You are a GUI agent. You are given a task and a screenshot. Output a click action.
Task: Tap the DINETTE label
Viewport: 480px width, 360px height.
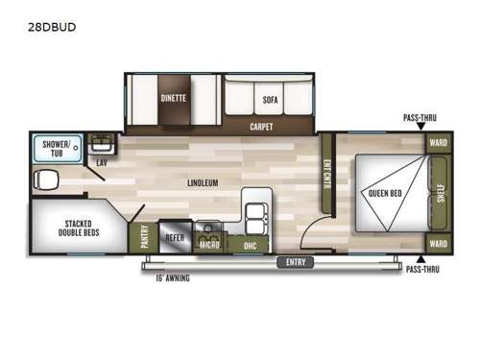click(173, 98)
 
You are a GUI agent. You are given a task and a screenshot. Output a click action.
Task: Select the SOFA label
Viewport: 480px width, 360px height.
click(269, 99)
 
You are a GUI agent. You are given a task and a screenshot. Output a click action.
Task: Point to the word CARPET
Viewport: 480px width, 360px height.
click(260, 126)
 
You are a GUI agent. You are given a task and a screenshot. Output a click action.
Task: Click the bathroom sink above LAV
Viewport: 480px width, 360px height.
click(101, 145)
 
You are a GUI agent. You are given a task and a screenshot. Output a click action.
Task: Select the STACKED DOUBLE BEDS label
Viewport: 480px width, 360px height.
click(73, 228)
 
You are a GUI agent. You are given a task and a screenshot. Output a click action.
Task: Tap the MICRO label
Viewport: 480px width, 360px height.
click(210, 245)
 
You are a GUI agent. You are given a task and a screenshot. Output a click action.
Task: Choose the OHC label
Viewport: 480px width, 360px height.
click(249, 245)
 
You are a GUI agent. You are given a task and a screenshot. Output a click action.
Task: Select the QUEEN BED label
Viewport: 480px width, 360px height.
click(384, 194)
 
